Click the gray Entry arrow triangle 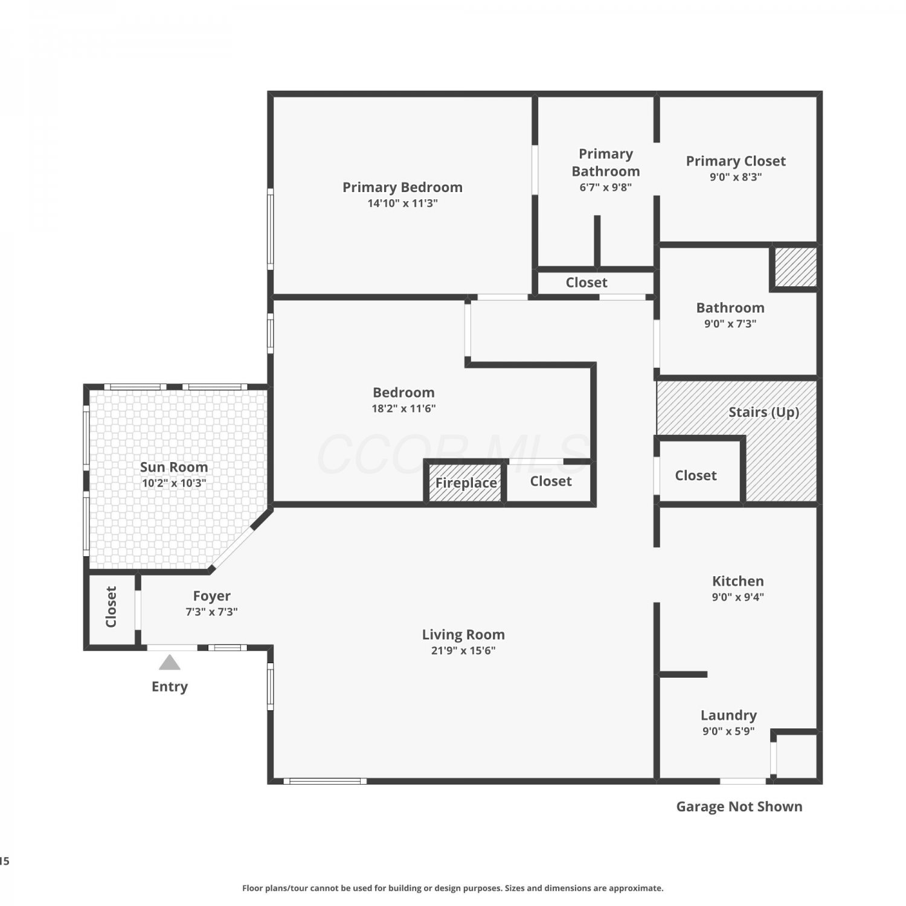click(x=170, y=663)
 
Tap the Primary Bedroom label click(x=403, y=187)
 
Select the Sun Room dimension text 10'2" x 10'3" click(x=174, y=483)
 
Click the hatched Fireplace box click(x=466, y=483)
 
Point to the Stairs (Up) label click(x=764, y=412)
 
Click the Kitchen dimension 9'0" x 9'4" click(x=738, y=597)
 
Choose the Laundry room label click(x=728, y=715)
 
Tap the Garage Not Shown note click(x=739, y=806)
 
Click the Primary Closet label click(x=736, y=161)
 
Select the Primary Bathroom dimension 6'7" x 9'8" click(x=606, y=187)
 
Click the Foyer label click(x=211, y=596)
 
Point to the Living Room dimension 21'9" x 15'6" click(x=463, y=651)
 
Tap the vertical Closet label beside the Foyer click(x=111, y=606)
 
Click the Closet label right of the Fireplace click(x=551, y=481)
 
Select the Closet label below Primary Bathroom click(x=586, y=283)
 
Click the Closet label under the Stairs click(x=696, y=476)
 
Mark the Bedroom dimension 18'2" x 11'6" click(x=403, y=408)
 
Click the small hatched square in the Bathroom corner click(x=796, y=267)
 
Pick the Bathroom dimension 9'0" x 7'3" click(x=730, y=324)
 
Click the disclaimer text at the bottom click(x=453, y=888)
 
